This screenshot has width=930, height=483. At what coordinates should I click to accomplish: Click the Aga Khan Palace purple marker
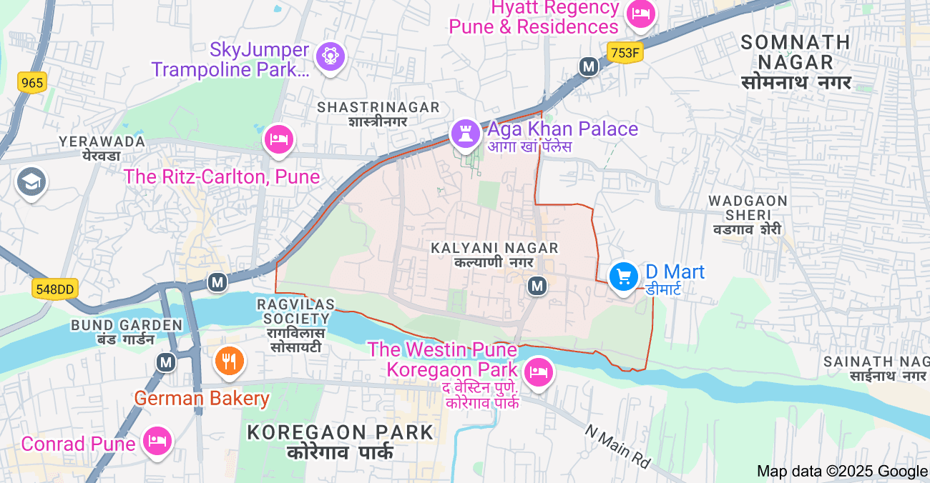tap(466, 134)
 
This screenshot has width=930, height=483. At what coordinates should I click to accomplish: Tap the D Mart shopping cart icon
tap(624, 277)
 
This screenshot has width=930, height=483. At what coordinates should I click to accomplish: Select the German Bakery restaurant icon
tap(230, 362)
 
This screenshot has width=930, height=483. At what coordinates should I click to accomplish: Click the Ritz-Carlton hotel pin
tap(279, 139)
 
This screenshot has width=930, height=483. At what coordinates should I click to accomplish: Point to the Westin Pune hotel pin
tap(539, 372)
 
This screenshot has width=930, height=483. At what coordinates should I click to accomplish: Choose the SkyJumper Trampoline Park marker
tap(330, 56)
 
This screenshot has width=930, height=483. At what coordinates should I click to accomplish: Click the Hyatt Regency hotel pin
tap(640, 14)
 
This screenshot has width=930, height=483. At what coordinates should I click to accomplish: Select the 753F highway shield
tap(625, 52)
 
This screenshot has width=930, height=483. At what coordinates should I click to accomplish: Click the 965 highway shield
tap(32, 83)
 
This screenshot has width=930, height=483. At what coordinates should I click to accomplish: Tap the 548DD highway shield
tap(55, 289)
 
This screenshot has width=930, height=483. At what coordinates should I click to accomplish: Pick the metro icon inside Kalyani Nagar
tap(537, 286)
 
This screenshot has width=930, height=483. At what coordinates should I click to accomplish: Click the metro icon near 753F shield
tap(589, 67)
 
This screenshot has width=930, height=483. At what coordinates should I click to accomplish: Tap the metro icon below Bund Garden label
tap(167, 362)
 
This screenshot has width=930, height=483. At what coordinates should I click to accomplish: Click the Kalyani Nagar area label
tap(494, 254)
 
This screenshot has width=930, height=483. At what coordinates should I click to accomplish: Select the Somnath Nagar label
tap(796, 62)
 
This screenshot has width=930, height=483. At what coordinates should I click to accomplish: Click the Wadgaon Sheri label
tap(748, 214)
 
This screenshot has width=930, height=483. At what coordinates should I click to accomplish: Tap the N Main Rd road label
tap(617, 447)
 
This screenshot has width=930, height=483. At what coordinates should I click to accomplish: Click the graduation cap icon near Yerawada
tap(31, 181)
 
